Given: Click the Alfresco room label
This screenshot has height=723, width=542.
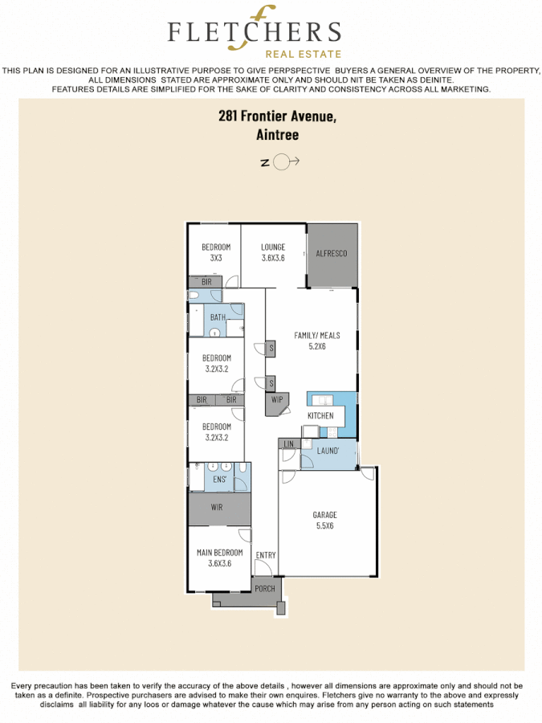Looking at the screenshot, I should point(331,253).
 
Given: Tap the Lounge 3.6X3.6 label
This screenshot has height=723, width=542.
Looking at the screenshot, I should point(273,252).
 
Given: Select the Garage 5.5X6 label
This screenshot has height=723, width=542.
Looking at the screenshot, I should point(324,520).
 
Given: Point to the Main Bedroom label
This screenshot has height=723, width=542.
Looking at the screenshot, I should point(219,558).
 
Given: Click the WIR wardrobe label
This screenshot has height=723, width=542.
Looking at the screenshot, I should point(217,508).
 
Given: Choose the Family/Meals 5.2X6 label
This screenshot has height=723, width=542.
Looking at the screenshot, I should point(311,341).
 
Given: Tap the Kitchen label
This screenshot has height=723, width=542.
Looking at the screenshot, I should point(320,415).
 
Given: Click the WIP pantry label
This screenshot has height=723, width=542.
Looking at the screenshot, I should point(277,399).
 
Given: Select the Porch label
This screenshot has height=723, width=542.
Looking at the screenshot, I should point(265,589).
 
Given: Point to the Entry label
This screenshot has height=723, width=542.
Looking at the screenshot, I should point(265,555).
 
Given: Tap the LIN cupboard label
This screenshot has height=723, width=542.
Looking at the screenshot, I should point(288,443).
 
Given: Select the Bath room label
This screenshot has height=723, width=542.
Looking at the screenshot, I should point(218,317).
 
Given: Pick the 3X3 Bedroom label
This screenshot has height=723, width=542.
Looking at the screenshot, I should point(216,252).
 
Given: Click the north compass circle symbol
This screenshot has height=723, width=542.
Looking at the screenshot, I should point(281,162).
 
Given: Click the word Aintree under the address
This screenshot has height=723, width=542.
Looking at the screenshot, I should point(277,135).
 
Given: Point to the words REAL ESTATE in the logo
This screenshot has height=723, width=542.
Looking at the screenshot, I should point(309,54).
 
